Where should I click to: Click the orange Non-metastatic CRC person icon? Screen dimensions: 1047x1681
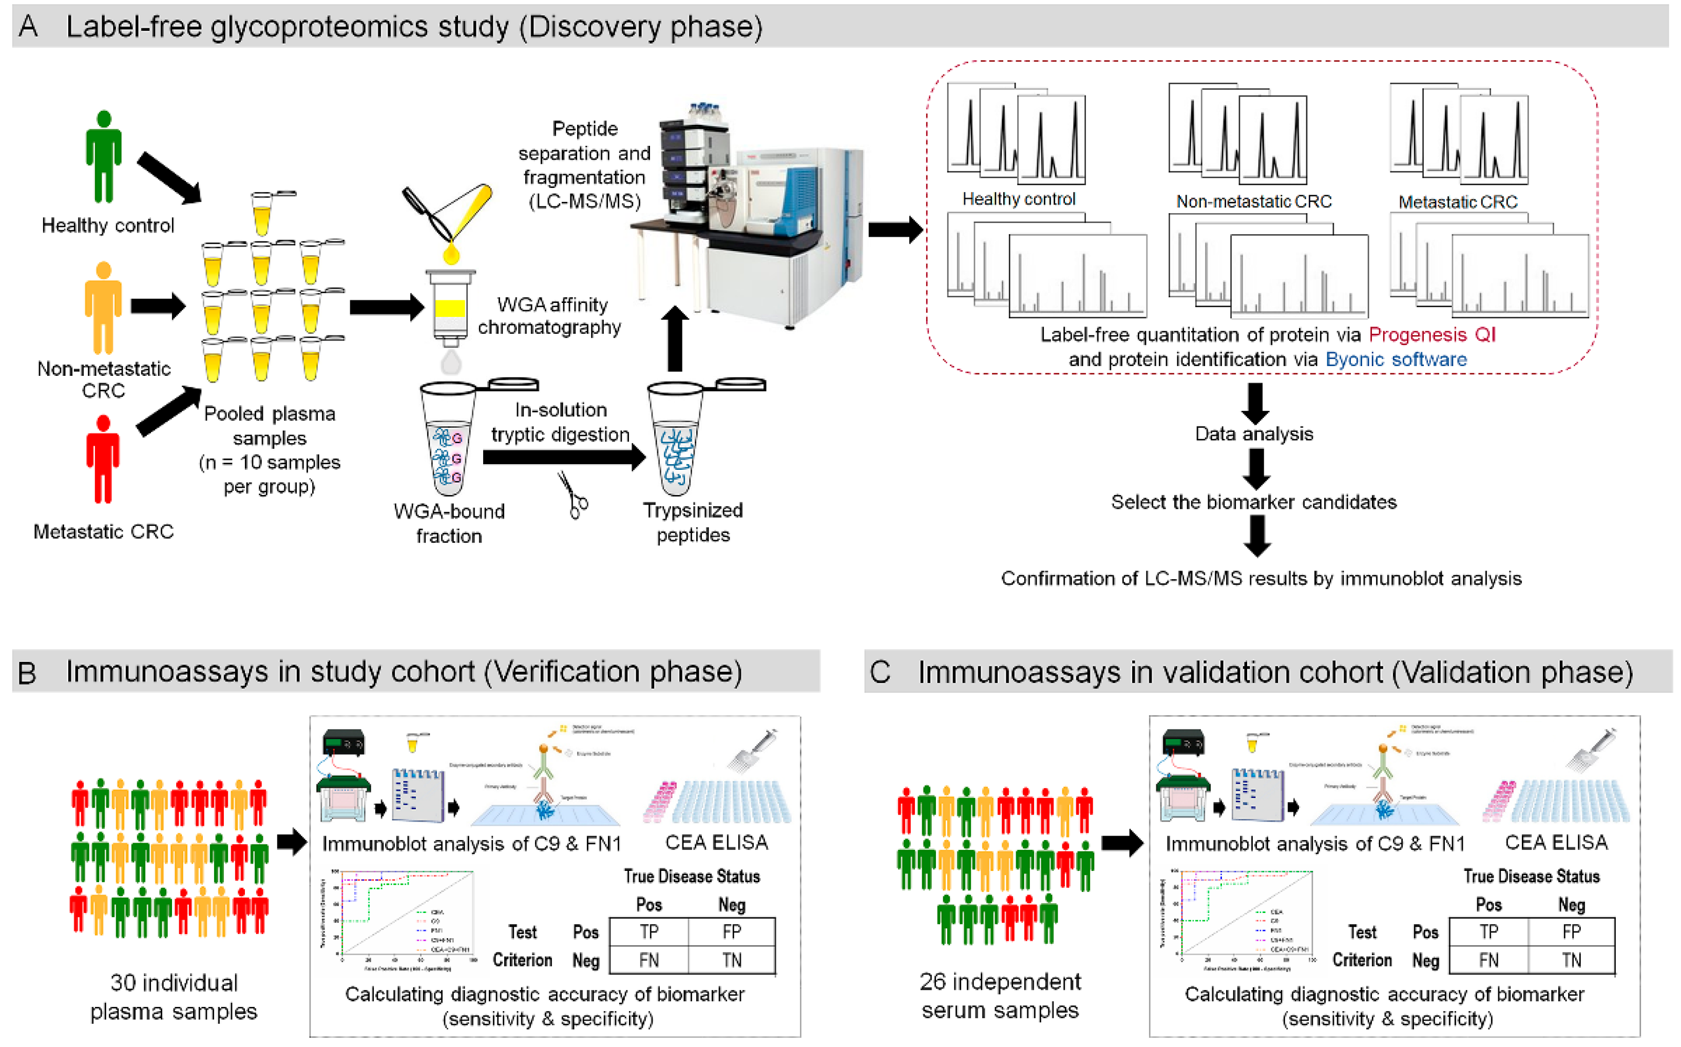[x=103, y=308]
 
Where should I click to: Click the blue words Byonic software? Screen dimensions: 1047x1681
[x=1395, y=359]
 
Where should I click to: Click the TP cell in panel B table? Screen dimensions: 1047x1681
[x=648, y=932]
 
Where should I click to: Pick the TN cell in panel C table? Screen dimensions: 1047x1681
[x=1571, y=960]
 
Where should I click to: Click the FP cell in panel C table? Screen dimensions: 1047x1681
[x=1571, y=932]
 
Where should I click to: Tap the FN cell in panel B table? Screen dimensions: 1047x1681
[x=648, y=960]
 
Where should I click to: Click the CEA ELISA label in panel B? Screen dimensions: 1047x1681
[x=717, y=843]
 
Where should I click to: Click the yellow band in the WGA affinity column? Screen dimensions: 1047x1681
[x=450, y=308]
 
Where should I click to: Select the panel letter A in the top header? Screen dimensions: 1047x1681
[x=28, y=26]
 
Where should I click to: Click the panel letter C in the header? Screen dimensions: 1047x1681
[x=880, y=672]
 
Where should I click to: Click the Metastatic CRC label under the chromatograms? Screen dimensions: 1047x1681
[x=1457, y=202]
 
